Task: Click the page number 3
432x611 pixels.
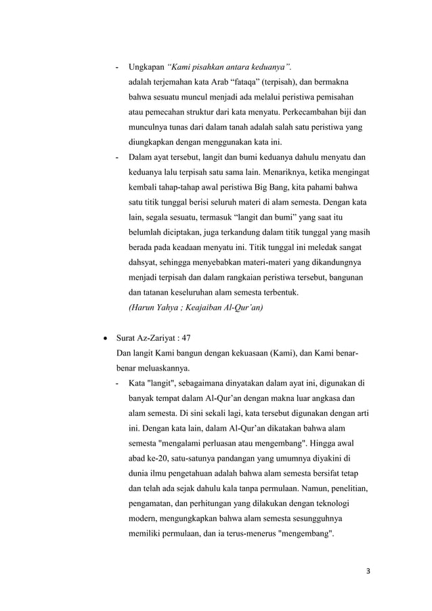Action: [367, 570]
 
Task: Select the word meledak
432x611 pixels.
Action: [325, 248]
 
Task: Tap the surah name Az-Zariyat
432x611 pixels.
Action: [154, 337]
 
